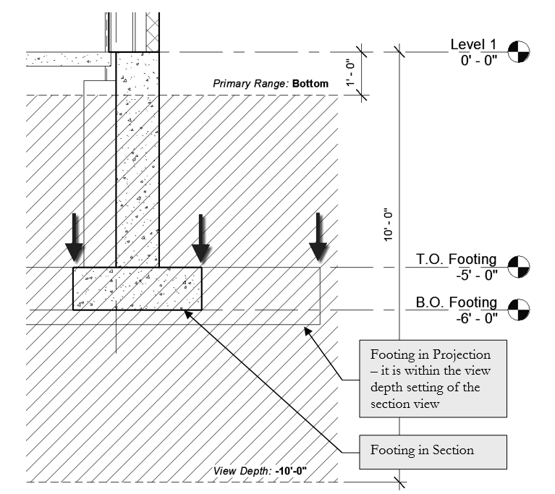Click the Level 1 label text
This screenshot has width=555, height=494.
coord(474,45)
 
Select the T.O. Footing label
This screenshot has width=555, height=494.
coord(456,259)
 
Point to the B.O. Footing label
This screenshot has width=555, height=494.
coord(456,302)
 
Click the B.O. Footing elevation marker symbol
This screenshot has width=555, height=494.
coord(518,310)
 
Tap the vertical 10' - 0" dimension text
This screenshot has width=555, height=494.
coord(389,225)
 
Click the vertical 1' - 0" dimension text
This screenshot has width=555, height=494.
coord(351,74)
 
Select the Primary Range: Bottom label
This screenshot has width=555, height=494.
coord(270,84)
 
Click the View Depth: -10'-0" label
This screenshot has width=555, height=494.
coord(260,471)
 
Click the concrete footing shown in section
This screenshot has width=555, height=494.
coord(137,289)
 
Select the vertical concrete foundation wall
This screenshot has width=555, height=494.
coord(137,159)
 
